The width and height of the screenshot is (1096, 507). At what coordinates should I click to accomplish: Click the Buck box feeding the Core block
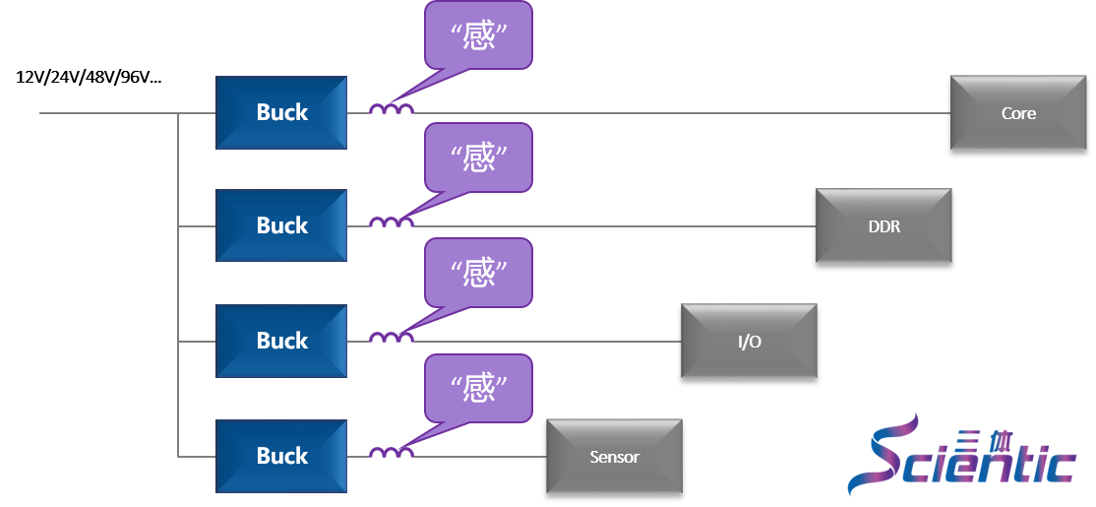(x=281, y=112)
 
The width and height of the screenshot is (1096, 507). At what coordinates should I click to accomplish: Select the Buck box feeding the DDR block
(x=281, y=225)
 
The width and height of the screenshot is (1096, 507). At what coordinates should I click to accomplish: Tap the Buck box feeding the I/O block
(x=281, y=341)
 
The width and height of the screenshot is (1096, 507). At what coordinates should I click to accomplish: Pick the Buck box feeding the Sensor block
(x=281, y=456)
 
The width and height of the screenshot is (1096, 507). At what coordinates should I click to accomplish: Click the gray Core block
(x=1018, y=113)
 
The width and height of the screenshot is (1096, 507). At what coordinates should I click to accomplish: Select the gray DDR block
(x=883, y=226)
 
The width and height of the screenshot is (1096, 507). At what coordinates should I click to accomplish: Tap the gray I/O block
(x=749, y=342)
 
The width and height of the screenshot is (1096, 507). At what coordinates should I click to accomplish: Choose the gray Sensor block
(x=614, y=457)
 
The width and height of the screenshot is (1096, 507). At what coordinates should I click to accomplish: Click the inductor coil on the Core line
(x=391, y=109)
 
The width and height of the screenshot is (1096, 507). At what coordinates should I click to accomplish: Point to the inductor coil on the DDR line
(x=391, y=222)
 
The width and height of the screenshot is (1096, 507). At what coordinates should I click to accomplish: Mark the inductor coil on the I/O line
(x=391, y=338)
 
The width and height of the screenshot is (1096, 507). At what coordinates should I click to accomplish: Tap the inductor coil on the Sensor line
(x=391, y=453)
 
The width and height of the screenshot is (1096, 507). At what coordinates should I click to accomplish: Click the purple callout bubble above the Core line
(x=478, y=35)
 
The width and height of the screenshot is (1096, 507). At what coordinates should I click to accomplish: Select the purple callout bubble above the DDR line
(x=478, y=157)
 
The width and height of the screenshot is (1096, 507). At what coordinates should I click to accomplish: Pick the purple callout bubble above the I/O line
(x=478, y=272)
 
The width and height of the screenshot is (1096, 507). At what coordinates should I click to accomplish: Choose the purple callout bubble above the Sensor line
(x=478, y=388)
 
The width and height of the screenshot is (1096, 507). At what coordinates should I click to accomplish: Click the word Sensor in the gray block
(x=614, y=457)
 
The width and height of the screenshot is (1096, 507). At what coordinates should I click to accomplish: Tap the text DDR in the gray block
(x=883, y=226)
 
